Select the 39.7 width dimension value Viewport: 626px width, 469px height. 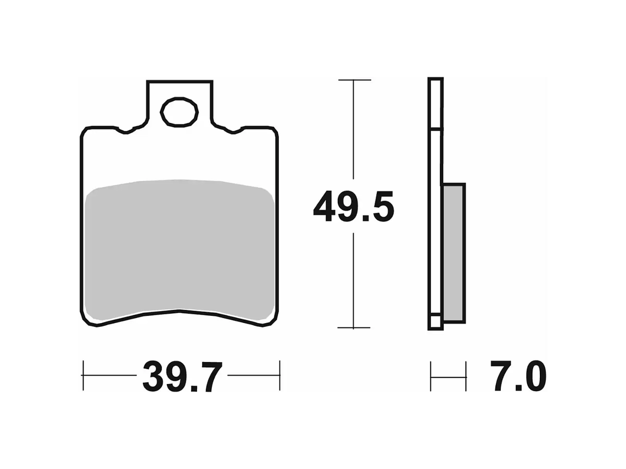182,377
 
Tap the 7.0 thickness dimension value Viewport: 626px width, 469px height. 518,377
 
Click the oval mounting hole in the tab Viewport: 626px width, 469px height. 179,112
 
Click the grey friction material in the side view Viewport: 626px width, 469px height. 454,252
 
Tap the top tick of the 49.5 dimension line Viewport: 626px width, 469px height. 354,80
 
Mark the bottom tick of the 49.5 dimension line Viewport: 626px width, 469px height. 354,328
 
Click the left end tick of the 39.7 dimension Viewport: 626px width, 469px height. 83,376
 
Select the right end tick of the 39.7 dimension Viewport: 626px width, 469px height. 280,376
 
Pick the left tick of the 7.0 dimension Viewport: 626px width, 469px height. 431,376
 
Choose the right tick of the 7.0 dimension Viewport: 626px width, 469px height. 466,376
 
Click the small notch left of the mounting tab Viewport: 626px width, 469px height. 126,131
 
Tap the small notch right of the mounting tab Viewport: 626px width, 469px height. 233,131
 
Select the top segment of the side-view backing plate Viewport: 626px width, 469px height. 435,104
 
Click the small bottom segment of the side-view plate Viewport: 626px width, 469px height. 435,323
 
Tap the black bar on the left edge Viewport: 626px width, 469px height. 38,234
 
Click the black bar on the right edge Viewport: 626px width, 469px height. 586,234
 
